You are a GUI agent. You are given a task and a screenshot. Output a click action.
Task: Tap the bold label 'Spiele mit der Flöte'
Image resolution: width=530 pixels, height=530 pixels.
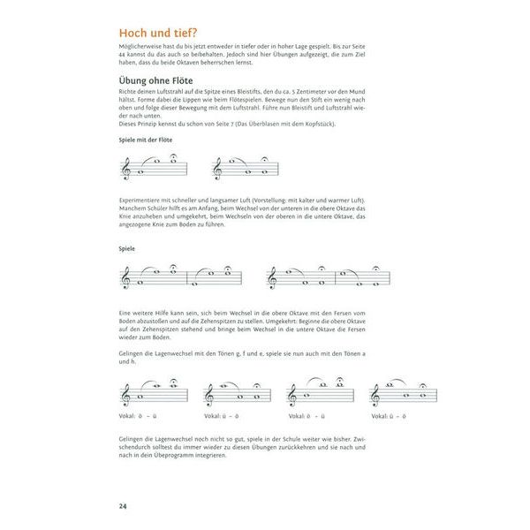[146, 140]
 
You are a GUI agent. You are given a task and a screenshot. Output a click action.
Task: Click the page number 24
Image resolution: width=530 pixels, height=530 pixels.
[123, 505]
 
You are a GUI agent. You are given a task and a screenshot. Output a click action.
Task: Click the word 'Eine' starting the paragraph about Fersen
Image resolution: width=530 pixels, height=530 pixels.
[125, 314]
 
